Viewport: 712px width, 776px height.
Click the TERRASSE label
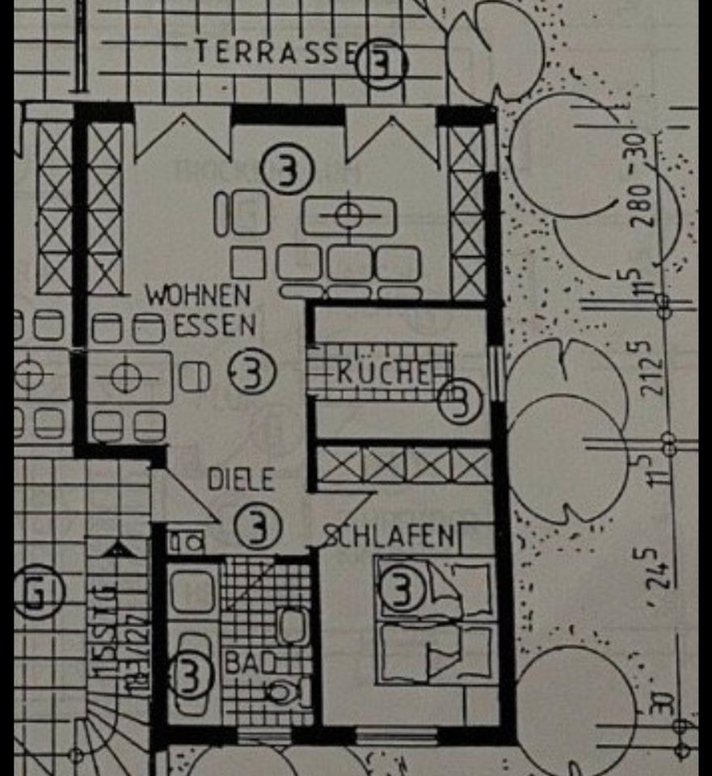point(274,52)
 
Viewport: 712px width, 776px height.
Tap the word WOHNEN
point(198,296)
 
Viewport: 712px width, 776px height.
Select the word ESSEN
point(215,325)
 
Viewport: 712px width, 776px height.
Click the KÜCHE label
point(384,373)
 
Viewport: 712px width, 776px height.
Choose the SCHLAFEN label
point(390,536)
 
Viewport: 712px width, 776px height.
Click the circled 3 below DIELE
point(257,527)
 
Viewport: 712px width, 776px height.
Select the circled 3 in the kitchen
point(460,400)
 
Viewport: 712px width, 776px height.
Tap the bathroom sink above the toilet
point(292,626)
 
